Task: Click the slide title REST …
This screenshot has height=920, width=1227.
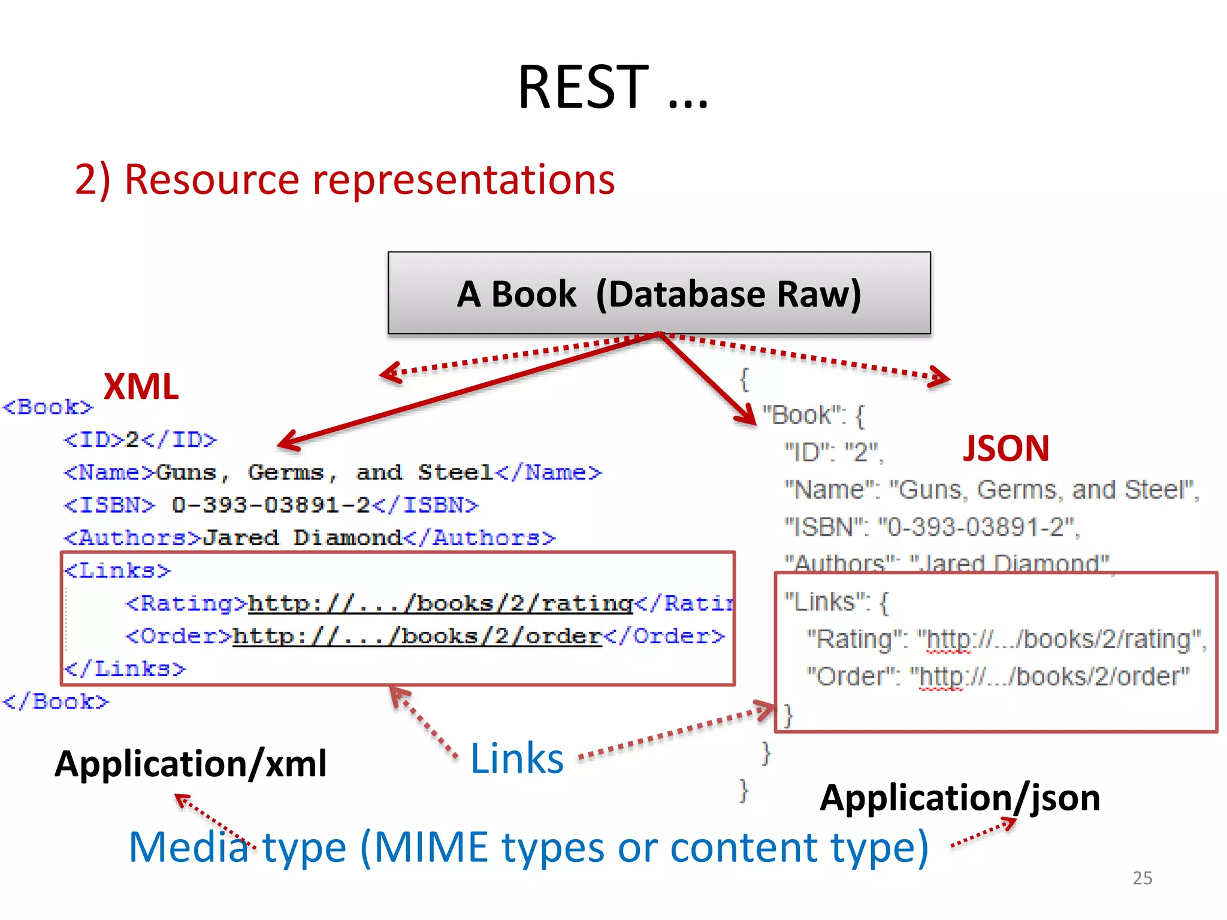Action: (612, 88)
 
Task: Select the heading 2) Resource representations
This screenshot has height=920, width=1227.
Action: (344, 179)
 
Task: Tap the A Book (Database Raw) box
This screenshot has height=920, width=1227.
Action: (659, 293)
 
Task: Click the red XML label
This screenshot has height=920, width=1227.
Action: (141, 386)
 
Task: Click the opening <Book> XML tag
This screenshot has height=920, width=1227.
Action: (48, 407)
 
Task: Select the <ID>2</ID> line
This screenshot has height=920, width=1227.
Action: (140, 440)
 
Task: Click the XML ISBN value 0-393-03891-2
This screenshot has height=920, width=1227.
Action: (271, 505)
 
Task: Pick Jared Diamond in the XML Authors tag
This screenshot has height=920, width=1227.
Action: (302, 538)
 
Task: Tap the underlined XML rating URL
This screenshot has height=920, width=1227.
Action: (440, 603)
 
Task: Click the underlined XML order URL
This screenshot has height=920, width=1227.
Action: (416, 636)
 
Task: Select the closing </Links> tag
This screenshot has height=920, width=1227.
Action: (125, 668)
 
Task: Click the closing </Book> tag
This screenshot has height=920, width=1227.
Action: (56, 701)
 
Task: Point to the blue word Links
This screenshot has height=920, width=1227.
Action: (517, 759)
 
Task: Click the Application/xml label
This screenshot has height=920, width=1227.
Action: (191, 764)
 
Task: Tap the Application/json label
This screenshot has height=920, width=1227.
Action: (960, 798)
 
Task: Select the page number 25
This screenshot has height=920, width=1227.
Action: (1142, 877)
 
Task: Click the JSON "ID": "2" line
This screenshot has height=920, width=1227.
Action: (834, 452)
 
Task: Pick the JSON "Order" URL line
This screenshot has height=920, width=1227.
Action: (998, 676)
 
